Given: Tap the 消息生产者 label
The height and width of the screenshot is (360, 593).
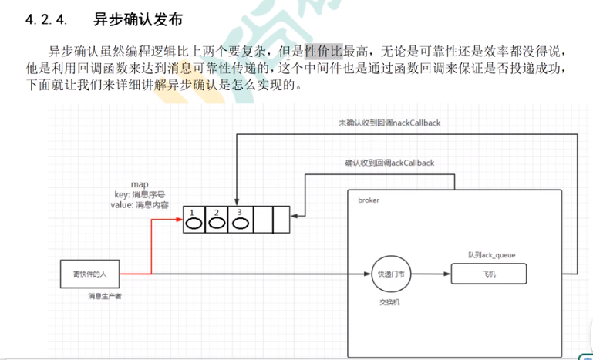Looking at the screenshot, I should point(105,296).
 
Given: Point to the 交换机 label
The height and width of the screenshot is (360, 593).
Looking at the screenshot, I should point(389,302).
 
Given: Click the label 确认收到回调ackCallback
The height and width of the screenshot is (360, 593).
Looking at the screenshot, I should point(389,163).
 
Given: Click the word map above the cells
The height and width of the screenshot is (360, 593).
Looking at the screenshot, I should point(139,186).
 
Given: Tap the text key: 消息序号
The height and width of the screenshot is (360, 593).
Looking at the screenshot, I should point(139,195).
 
